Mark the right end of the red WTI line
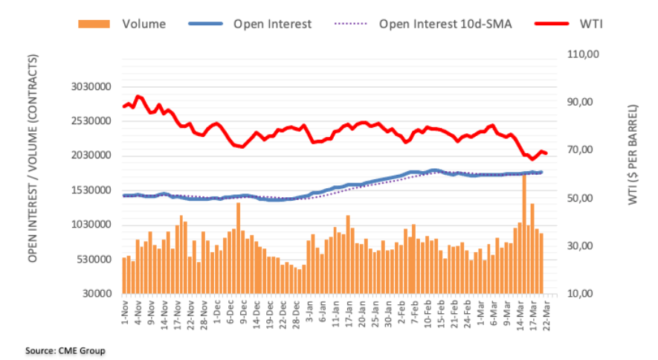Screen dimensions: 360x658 click(546, 153)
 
